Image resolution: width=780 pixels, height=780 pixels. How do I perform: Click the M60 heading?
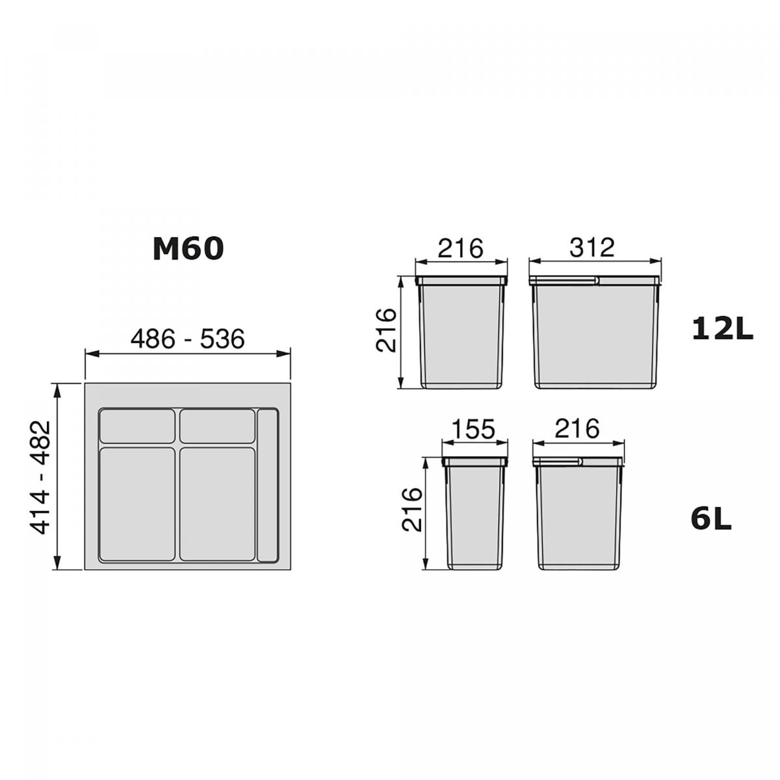tap(188, 248)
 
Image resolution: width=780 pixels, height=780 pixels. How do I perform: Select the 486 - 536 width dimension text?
tap(187, 339)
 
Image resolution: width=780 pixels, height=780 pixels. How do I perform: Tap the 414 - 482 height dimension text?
tap(40, 478)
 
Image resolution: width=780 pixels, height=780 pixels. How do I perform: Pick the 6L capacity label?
tap(711, 520)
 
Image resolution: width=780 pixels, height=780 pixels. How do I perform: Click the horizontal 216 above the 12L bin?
tap(461, 248)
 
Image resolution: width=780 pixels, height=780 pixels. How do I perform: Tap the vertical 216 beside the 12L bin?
tap(385, 330)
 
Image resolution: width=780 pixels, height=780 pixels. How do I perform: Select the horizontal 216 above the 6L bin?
tap(577, 428)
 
